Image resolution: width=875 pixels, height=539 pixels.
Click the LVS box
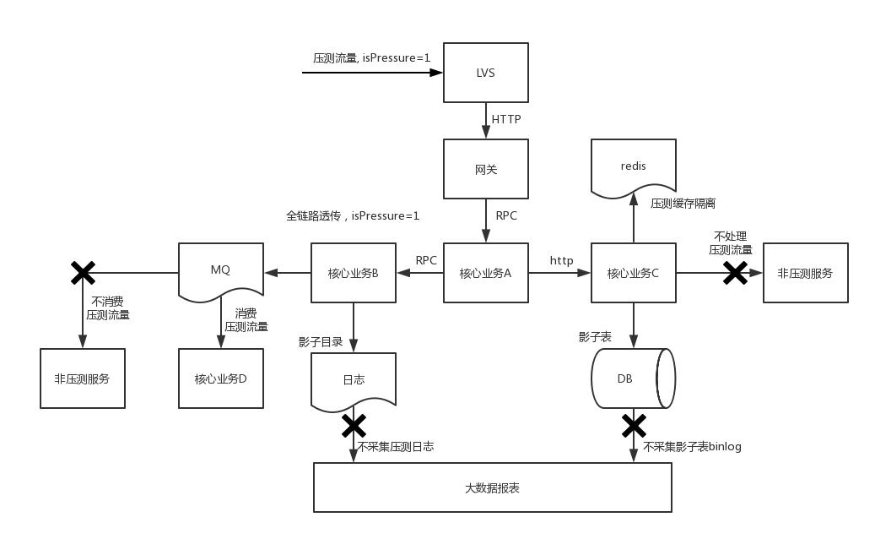pos(486,73)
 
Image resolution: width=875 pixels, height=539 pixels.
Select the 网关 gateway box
pos(486,169)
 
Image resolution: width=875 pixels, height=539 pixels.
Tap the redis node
pos(633,167)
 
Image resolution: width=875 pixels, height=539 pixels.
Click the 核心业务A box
pos(486,273)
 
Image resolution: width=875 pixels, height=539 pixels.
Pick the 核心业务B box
pos(353,273)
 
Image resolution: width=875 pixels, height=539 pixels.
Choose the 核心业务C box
pos(633,273)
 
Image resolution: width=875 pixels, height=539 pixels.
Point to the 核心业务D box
pos(221,378)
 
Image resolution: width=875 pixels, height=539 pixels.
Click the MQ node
pos(220,270)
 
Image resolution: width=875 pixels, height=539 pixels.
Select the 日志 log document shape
pos(354,380)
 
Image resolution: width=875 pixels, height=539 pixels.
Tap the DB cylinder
pos(629,378)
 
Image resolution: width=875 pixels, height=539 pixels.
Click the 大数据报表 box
pos(492,487)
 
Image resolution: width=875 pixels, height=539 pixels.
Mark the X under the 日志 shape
pos(354,426)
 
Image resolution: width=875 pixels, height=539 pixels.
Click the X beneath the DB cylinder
pos(634,426)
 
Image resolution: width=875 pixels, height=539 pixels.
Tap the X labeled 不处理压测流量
pos(735,273)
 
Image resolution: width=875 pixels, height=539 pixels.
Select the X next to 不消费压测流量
pos(83,273)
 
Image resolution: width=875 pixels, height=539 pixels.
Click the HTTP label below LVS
pos(506,119)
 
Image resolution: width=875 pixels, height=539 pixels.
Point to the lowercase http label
pos(562,260)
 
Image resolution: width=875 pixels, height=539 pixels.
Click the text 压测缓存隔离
pos(683,204)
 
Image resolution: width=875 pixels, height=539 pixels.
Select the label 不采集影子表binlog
pos(692,446)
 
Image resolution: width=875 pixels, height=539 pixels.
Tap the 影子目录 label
pos(321,342)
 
